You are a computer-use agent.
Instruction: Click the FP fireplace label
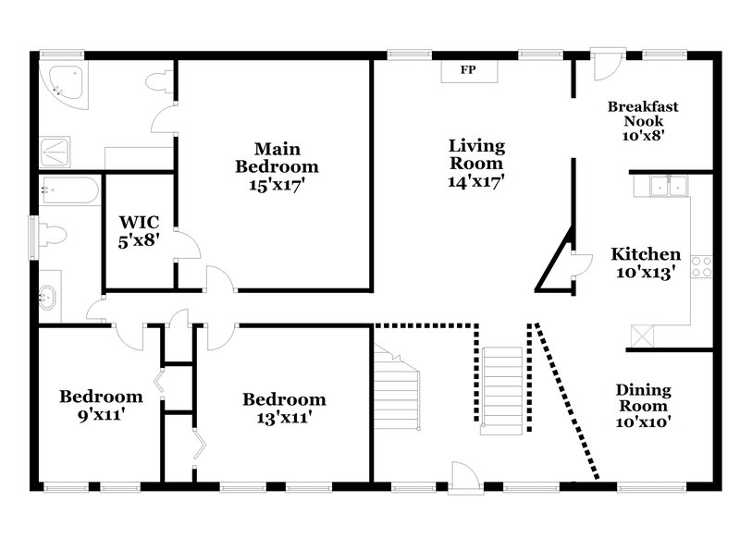click(468, 71)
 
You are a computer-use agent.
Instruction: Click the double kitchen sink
click(670, 186)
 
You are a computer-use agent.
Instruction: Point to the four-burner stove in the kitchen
click(702, 267)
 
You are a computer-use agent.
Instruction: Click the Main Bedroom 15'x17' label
click(277, 166)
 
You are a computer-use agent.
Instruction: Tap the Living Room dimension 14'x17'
click(476, 181)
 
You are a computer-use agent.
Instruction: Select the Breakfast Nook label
click(642, 114)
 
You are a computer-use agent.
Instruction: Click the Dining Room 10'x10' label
click(643, 406)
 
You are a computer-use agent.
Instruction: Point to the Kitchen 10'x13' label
click(646, 263)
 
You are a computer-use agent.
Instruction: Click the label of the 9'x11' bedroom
click(101, 405)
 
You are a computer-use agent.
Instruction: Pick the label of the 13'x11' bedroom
click(284, 408)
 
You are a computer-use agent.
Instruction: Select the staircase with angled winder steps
click(398, 388)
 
